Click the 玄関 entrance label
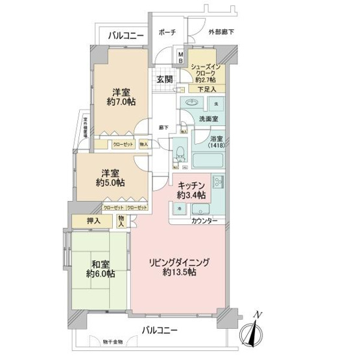pos(164,80)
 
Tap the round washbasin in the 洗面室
pos(193,104)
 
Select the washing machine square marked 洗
pos(217,104)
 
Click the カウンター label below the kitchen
pos(204,222)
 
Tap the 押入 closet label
pos(94,221)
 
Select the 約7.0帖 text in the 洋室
pos(121,102)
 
